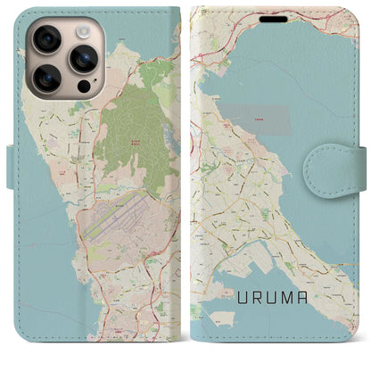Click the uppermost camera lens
click(45, 38)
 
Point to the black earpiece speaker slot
click(274, 19)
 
